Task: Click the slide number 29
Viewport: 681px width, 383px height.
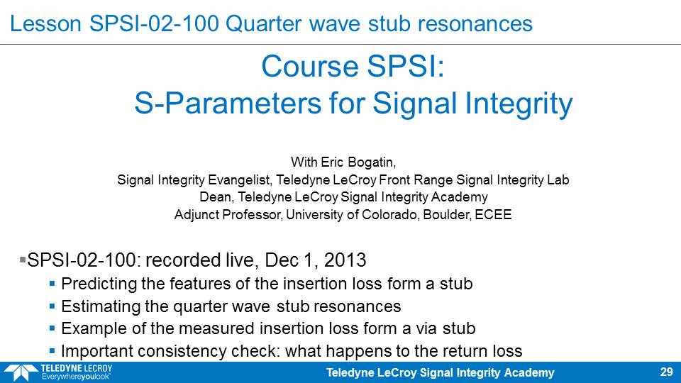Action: [x=666, y=372]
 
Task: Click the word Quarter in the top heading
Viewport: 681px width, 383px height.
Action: [x=263, y=23]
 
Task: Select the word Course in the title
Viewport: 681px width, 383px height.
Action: [x=310, y=67]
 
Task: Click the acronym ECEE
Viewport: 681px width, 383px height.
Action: [x=493, y=214]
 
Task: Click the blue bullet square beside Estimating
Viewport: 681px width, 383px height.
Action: [x=52, y=306]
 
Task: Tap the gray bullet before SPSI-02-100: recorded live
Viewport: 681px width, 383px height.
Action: [x=23, y=260]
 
